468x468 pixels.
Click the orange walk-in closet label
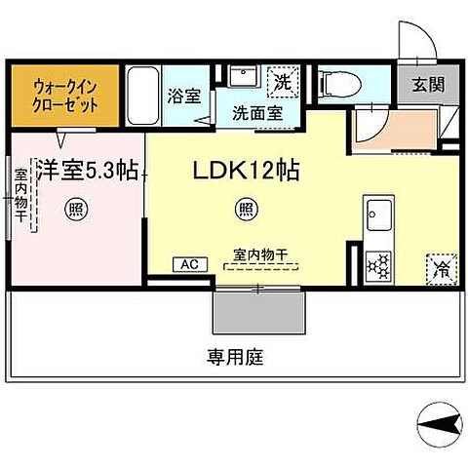click(x=66, y=95)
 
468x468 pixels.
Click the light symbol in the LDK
click(x=247, y=207)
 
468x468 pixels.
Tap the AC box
click(x=188, y=264)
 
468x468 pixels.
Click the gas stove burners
click(x=378, y=264)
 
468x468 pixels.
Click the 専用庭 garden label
click(x=234, y=357)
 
